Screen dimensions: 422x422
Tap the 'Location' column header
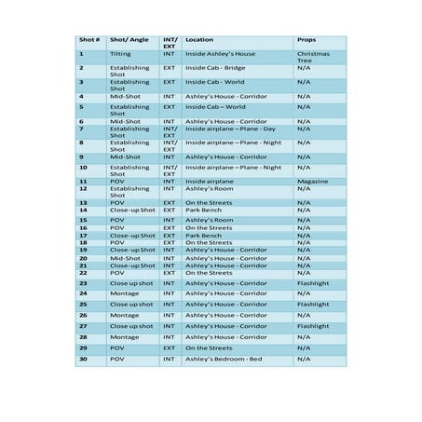click(199, 40)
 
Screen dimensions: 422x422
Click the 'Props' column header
click(306, 40)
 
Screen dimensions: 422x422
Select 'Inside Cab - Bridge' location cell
click(215, 68)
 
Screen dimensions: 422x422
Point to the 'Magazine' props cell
click(313, 181)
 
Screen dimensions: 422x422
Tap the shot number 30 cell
click(83, 359)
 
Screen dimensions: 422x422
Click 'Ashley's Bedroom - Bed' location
click(224, 359)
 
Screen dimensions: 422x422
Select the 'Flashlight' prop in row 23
click(313, 283)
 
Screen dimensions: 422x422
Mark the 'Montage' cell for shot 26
click(125, 316)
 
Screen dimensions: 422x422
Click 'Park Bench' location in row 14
click(204, 211)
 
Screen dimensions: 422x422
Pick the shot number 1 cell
click(81, 54)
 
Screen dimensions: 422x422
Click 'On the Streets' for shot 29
click(209, 347)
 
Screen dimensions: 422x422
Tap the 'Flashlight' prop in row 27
click(313, 327)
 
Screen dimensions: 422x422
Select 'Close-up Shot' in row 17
click(132, 236)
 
